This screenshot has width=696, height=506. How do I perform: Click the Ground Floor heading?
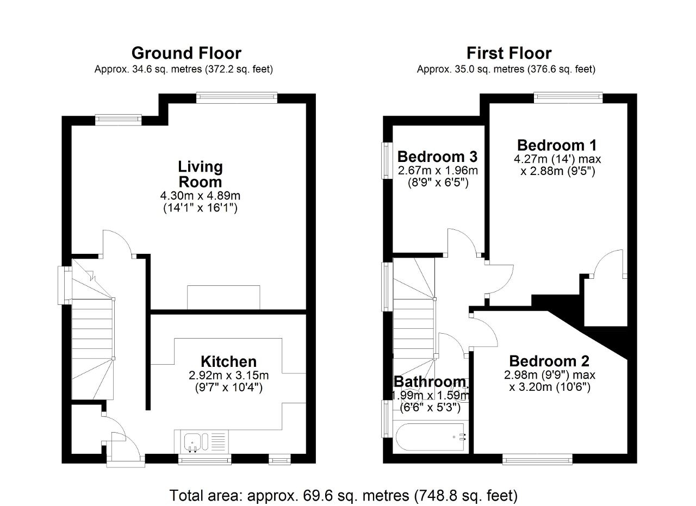tap(186, 53)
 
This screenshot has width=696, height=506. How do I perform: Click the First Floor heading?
tap(509, 53)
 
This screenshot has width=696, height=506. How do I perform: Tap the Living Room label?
tap(200, 174)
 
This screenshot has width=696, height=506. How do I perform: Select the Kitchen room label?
tap(228, 361)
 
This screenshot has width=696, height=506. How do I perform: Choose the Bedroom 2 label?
tap(549, 361)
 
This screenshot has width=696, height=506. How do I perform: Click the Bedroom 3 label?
tap(437, 157)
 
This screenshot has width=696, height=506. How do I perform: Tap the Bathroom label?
tap(430, 382)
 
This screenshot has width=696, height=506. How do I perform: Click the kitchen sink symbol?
tap(193, 441)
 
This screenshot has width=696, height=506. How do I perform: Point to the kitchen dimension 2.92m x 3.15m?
tap(228, 375)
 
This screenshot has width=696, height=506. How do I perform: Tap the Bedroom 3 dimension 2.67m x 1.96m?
tap(437, 170)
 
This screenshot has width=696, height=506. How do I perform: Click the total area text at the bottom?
tap(344, 495)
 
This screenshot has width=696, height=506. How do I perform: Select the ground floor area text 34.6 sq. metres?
tap(183, 70)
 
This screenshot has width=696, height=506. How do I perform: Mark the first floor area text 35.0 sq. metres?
tap(506, 70)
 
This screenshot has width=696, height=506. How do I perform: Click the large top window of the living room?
tap(237, 97)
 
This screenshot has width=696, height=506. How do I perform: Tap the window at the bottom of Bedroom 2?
tap(537, 459)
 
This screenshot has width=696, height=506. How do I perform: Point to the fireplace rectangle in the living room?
tap(223, 297)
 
